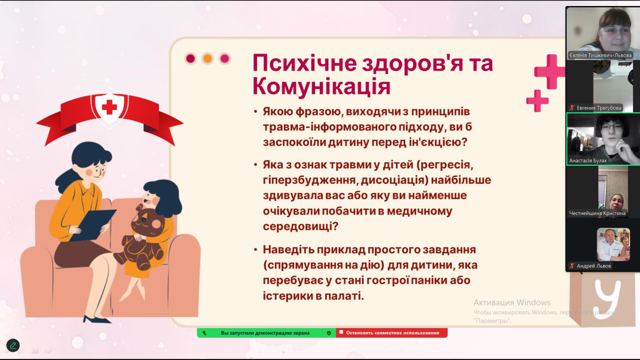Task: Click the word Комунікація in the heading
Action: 322,86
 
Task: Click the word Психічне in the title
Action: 304,63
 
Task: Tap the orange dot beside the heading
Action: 208,58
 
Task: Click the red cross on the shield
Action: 109,107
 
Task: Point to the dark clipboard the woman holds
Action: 93,225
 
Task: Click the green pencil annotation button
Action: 13,345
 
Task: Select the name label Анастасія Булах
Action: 588,161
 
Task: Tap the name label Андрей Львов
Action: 594,266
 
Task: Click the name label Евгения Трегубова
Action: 599,108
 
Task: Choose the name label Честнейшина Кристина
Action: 597,213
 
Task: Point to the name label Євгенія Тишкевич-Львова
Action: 600,55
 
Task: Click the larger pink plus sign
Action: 550,72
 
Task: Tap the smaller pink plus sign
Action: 538,101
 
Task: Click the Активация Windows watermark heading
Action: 512,302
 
